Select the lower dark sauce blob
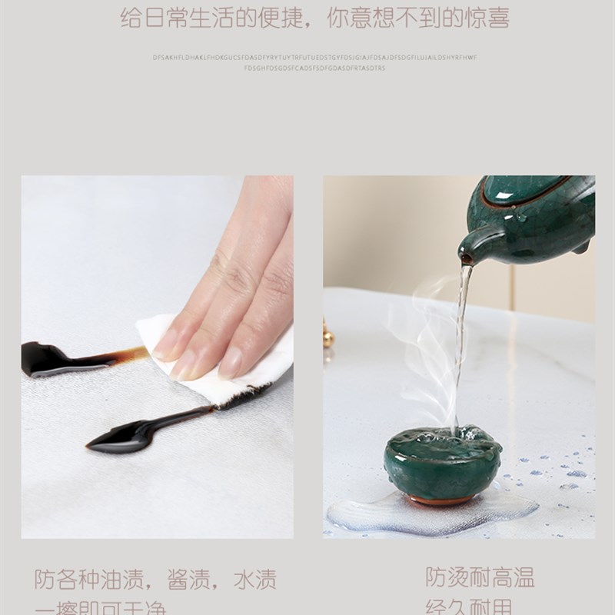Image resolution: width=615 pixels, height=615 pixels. click(x=123, y=437)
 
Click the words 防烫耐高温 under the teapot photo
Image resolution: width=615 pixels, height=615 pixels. click(x=480, y=577)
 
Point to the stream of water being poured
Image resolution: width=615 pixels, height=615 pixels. click(x=460, y=338)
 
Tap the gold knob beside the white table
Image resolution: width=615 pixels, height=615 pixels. click(x=328, y=336)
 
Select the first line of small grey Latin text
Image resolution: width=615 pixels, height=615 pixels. click(x=314, y=57)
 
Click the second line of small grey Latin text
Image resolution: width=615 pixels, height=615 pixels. click(x=314, y=68)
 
